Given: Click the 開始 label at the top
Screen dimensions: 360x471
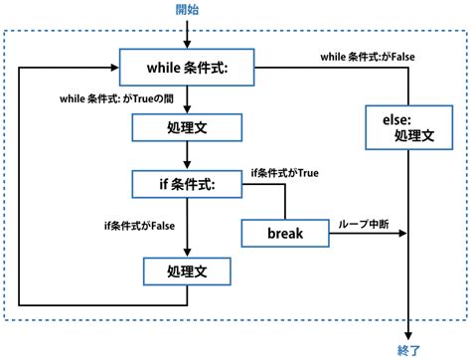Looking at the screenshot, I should [x=186, y=10].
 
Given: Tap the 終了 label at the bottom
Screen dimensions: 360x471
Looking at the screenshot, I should [x=408, y=349].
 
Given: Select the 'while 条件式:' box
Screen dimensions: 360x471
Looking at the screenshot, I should [x=186, y=68].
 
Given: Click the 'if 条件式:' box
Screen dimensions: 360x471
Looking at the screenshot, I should [x=186, y=183].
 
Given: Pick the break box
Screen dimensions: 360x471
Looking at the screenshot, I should [x=284, y=234].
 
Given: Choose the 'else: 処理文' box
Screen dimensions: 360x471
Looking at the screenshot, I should [x=408, y=126].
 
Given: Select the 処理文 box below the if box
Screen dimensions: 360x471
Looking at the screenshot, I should [x=186, y=270].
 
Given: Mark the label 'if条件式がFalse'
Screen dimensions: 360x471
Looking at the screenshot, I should [x=138, y=226].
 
